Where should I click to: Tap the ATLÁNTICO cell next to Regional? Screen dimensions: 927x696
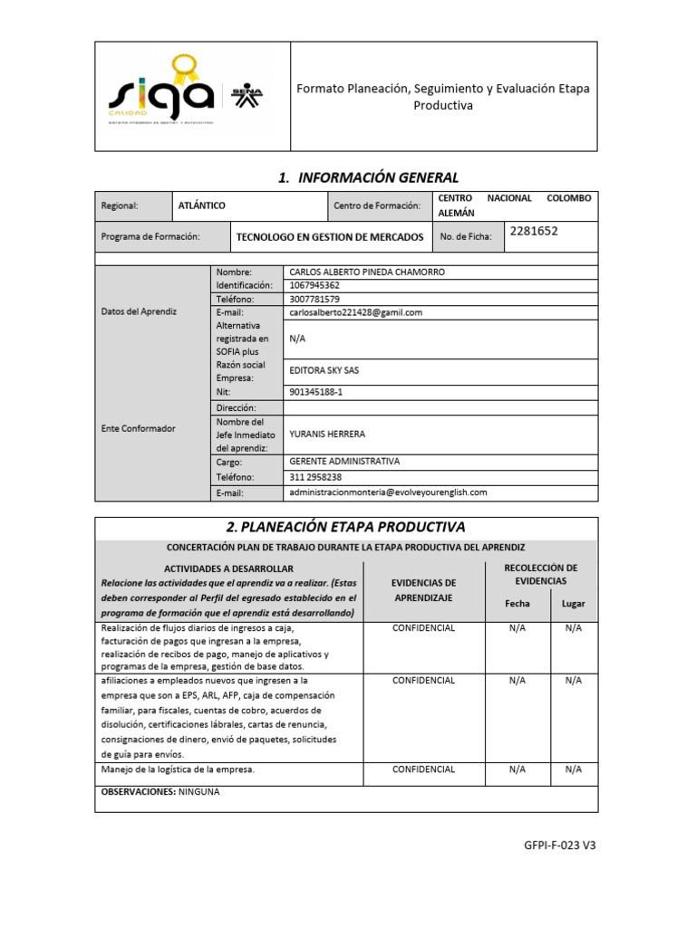(202, 205)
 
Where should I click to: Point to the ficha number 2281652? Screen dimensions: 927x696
(534, 231)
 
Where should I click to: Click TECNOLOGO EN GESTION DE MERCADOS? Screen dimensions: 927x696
(329, 237)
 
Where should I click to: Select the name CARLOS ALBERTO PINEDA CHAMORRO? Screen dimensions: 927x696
(366, 272)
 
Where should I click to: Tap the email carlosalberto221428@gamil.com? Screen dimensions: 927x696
(355, 312)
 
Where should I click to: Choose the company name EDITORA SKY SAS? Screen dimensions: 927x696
(330, 370)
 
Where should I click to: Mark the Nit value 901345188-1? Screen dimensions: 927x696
(316, 393)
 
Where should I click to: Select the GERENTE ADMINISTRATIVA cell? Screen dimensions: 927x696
(343, 462)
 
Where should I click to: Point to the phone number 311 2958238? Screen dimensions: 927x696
(314, 477)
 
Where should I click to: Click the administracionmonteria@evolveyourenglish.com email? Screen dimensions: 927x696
(388, 492)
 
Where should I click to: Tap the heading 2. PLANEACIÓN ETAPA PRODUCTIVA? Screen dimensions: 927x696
(344, 527)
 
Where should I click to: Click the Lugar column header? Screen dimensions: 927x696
(574, 603)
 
